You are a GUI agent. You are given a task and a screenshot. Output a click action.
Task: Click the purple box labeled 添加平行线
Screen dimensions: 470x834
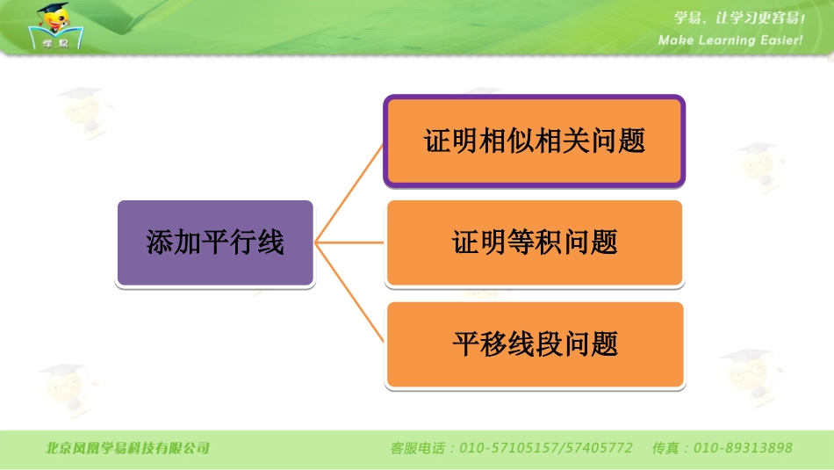point(215,242)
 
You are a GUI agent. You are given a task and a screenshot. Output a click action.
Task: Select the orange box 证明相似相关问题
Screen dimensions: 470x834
point(534,141)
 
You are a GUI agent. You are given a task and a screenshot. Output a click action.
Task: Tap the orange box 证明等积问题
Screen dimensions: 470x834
point(534,242)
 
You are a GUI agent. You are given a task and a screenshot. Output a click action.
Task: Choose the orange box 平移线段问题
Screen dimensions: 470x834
point(534,343)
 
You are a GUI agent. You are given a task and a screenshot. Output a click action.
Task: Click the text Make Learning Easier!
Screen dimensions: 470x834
point(730,40)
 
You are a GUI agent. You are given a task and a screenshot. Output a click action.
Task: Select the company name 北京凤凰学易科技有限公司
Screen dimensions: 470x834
point(128,448)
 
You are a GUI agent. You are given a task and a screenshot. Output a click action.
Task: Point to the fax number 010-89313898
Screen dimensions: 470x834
point(743,448)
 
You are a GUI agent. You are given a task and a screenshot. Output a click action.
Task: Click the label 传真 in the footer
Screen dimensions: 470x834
point(666,448)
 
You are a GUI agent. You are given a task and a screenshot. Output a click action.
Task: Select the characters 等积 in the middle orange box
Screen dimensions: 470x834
point(535,242)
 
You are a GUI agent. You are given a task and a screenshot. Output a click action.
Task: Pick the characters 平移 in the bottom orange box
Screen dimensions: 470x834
point(480,343)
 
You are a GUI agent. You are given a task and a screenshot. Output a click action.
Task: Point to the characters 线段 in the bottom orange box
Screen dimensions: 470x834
point(535,343)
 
